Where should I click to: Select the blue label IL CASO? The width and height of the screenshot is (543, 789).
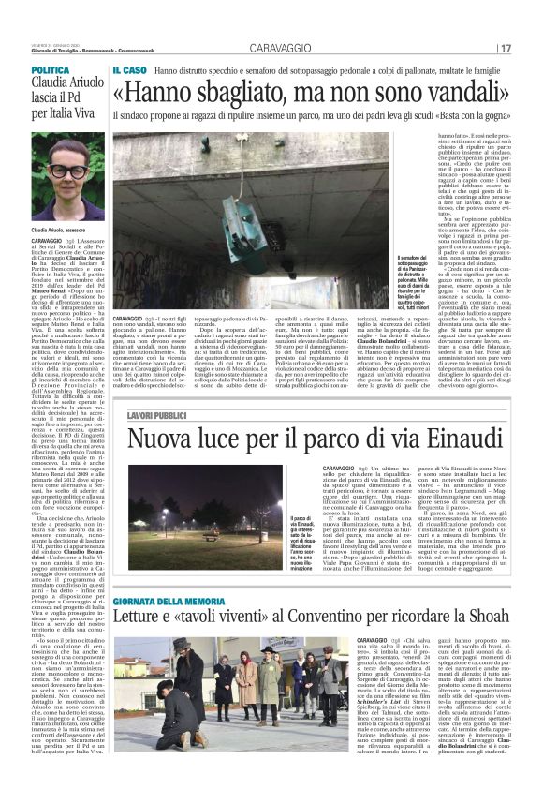pos(129,70)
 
